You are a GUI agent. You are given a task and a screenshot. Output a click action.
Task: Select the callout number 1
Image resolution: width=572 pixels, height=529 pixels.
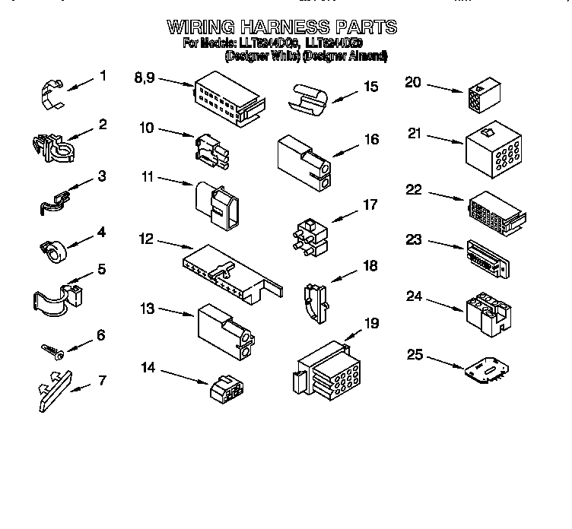(102, 76)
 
